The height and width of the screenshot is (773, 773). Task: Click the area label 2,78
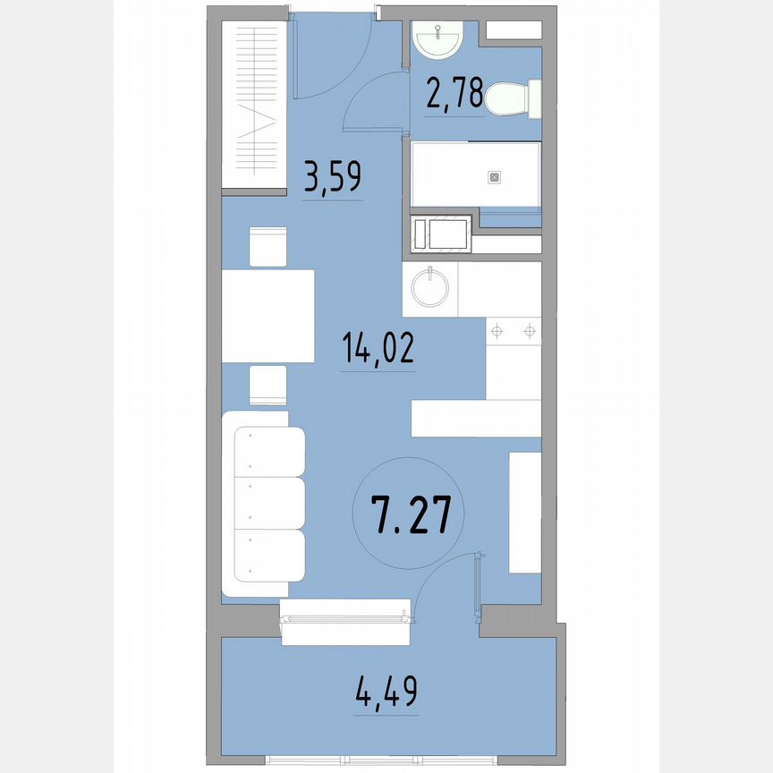pyautogui.click(x=454, y=94)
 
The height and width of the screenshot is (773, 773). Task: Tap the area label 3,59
pyautogui.click(x=333, y=176)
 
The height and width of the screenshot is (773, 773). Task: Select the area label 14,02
pyautogui.click(x=378, y=347)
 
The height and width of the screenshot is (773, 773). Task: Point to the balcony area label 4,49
pyautogui.click(x=386, y=692)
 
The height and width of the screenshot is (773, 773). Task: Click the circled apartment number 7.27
pyautogui.click(x=411, y=515)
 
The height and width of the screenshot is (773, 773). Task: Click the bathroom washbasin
pyautogui.click(x=437, y=39)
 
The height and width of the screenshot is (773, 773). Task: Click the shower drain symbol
pyautogui.click(x=495, y=177)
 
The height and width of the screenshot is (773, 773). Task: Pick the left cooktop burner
pyautogui.click(x=497, y=331)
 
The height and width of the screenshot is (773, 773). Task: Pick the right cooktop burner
pyautogui.click(x=530, y=331)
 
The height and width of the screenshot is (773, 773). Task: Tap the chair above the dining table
pyautogui.click(x=268, y=247)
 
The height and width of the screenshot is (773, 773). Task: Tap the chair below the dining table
pyautogui.click(x=268, y=385)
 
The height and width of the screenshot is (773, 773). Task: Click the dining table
pyautogui.click(x=268, y=316)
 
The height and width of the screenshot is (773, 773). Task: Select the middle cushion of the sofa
pyautogui.click(x=269, y=503)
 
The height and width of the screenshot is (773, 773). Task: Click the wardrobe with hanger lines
pyautogui.click(x=254, y=104)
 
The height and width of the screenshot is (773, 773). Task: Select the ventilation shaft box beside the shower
pyautogui.click(x=441, y=234)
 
